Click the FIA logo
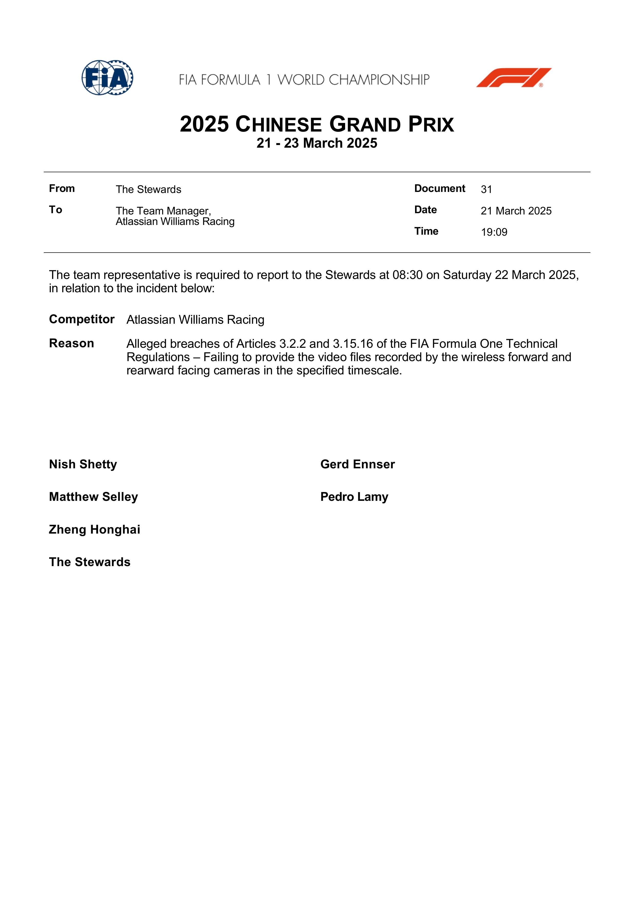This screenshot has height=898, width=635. pyautogui.click(x=107, y=78)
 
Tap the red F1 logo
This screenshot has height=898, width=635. pyautogui.click(x=513, y=78)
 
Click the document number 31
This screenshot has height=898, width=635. pyautogui.click(x=486, y=189)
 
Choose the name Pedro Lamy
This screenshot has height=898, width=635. pyautogui.click(x=354, y=497)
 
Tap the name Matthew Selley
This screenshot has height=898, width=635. pyautogui.click(x=93, y=497)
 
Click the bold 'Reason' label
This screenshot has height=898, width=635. pyautogui.click(x=72, y=343)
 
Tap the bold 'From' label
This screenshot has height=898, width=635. pyautogui.click(x=62, y=189)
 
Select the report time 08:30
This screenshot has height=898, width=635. pyautogui.click(x=407, y=275)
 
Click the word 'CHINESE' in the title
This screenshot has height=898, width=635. pyautogui.click(x=279, y=125)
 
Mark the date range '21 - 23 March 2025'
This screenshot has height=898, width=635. pyautogui.click(x=317, y=143)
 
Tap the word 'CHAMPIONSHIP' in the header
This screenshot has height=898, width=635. pyautogui.click(x=379, y=80)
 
